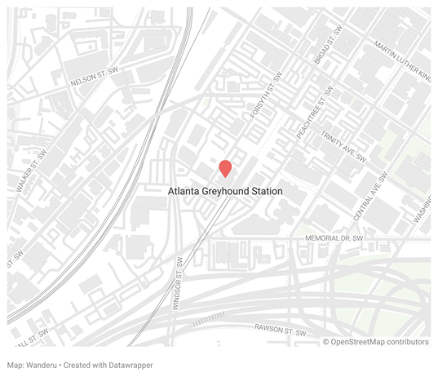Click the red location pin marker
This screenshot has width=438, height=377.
(x=225, y=168)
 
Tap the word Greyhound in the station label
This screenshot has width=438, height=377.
(x=227, y=191)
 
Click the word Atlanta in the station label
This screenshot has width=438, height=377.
(x=182, y=191)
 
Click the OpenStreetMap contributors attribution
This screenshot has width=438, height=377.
(x=380, y=342)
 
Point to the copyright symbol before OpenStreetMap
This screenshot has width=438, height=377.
(x=326, y=342)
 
